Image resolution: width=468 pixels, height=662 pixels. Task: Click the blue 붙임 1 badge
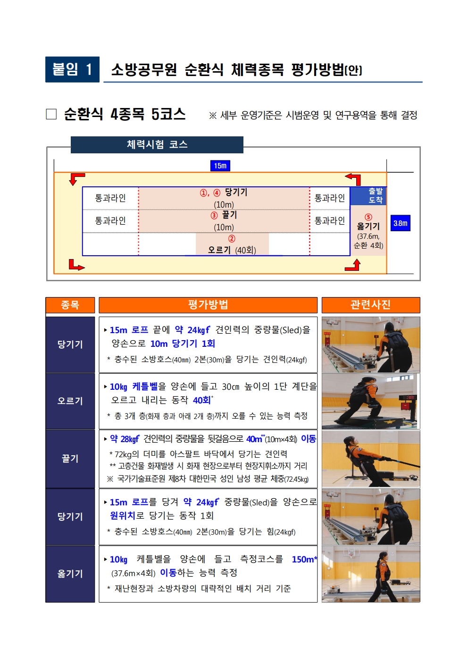[x=72, y=69]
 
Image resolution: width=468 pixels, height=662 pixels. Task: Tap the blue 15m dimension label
[x=220, y=166]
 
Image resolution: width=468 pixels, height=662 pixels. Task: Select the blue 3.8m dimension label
[x=401, y=223]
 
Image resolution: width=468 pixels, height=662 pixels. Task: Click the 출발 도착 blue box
[x=368, y=196]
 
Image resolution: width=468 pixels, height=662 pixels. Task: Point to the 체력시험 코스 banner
[x=157, y=144]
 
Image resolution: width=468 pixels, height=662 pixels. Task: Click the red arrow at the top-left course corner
[x=76, y=179]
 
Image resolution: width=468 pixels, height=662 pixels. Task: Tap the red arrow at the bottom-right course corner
[x=353, y=265]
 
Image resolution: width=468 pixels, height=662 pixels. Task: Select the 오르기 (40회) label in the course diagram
[x=232, y=250]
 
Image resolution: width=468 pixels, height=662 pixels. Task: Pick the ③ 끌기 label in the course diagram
[x=224, y=215]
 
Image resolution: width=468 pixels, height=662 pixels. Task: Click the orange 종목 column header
[x=70, y=305]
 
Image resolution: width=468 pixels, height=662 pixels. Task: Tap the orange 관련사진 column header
[x=371, y=305]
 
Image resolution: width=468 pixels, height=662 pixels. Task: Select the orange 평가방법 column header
[x=208, y=305]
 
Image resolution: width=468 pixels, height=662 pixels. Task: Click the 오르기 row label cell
[x=70, y=401]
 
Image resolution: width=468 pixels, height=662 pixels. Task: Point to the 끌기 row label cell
[x=70, y=458]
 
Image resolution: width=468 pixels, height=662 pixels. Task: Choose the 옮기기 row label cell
[x=70, y=574]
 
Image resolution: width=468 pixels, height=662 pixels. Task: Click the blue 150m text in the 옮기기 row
[x=304, y=559]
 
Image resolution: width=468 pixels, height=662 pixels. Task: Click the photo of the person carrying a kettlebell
[x=371, y=574]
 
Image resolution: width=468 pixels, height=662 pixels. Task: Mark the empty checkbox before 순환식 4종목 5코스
[x=51, y=114]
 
